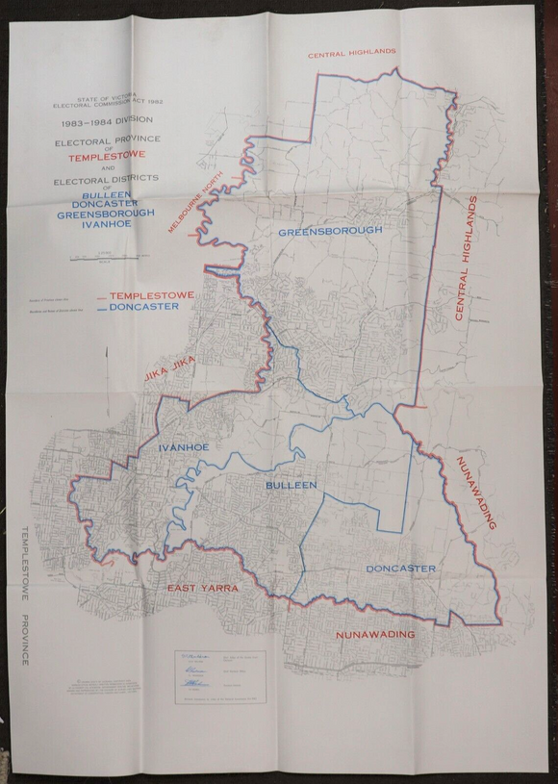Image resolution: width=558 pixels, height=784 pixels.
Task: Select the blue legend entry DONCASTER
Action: [144, 307]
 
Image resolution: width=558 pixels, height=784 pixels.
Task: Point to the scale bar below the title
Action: [105, 256]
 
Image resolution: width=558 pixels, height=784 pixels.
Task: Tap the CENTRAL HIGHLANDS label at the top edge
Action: [352, 55]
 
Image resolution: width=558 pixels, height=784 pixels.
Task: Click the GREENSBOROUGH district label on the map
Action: [331, 231]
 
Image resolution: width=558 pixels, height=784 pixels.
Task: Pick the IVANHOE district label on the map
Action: [184, 447]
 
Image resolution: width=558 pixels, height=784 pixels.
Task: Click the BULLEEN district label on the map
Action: [292, 486]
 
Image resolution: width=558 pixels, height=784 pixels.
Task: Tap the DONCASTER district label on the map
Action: [400, 569]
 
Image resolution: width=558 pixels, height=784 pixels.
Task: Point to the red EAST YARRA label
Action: [202, 588]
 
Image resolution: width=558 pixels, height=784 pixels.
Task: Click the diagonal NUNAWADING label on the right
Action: [476, 493]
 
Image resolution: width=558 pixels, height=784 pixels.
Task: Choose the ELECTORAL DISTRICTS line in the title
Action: [105, 179]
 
